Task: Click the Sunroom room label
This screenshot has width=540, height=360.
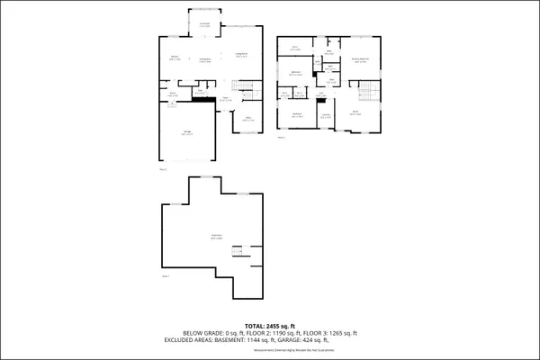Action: (204, 25)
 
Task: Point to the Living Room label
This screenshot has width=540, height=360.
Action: (241, 56)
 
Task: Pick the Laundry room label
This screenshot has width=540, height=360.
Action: (325, 114)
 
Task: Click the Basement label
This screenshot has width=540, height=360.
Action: (216, 237)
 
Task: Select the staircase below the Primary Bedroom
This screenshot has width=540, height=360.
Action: (365, 94)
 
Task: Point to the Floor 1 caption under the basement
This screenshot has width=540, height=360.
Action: (166, 276)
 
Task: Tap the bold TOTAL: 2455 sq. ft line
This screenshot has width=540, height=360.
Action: (270, 326)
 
